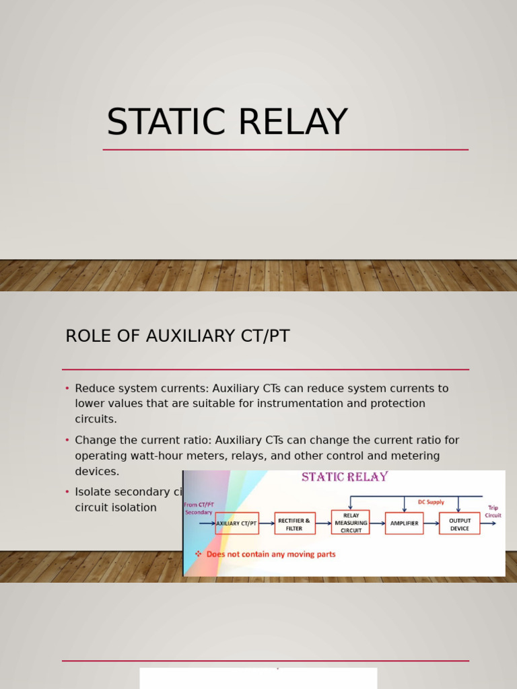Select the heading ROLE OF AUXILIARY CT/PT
pyautogui.click(x=177, y=336)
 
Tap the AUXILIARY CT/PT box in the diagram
pyautogui.click(x=237, y=523)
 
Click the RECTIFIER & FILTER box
pyautogui.click(x=295, y=523)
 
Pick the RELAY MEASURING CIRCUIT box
pyautogui.click(x=351, y=522)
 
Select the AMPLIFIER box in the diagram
pyautogui.click(x=404, y=523)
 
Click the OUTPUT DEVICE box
pyautogui.click(x=460, y=523)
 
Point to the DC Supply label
pyautogui.click(x=431, y=502)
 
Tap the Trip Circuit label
pyautogui.click(x=493, y=511)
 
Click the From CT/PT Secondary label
pyautogui.click(x=199, y=508)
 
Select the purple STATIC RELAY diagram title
pyautogui.click(x=345, y=477)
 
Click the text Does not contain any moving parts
pyautogui.click(x=271, y=554)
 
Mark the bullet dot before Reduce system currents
pyautogui.click(x=67, y=389)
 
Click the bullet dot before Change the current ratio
pyautogui.click(x=67, y=441)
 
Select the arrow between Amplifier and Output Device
pyautogui.click(x=431, y=523)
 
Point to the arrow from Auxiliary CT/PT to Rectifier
pyautogui.click(x=267, y=523)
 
